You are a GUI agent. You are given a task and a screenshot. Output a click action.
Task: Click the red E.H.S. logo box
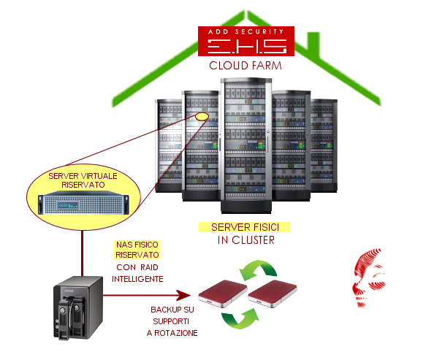click(246, 42)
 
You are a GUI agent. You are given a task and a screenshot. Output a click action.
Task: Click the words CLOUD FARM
click(246, 66)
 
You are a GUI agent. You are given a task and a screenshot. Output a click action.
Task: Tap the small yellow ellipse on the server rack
click(202, 117)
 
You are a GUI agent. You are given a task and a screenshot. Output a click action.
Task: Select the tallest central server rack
click(246, 145)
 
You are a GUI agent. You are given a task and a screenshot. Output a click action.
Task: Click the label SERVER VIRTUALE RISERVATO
click(83, 180)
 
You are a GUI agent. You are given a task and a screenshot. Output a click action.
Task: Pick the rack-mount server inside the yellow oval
click(83, 202)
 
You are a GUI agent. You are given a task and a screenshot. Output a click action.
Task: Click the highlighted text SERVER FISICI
click(245, 227)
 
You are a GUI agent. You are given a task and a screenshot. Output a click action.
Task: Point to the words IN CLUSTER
click(246, 240)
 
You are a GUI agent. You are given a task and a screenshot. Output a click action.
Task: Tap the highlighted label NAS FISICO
click(137, 245)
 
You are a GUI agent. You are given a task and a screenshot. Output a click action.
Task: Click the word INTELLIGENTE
click(137, 279)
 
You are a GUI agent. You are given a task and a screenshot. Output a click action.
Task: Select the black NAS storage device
click(78, 308)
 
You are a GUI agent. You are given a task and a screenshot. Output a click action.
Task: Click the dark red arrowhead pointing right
click(183, 295)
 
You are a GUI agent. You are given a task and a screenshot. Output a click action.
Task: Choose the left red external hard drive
click(223, 294)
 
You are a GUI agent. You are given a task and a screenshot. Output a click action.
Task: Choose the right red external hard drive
click(273, 294)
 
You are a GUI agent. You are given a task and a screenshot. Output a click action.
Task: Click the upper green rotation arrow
click(257, 269)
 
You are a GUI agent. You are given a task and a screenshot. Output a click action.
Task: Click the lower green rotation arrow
click(240, 318)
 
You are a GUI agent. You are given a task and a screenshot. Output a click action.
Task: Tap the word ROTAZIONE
click(176, 333)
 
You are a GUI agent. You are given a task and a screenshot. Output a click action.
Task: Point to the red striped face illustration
click(369, 277)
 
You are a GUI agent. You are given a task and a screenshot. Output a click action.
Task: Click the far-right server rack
click(324, 146)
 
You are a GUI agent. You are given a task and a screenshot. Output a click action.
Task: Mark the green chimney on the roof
click(313, 44)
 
